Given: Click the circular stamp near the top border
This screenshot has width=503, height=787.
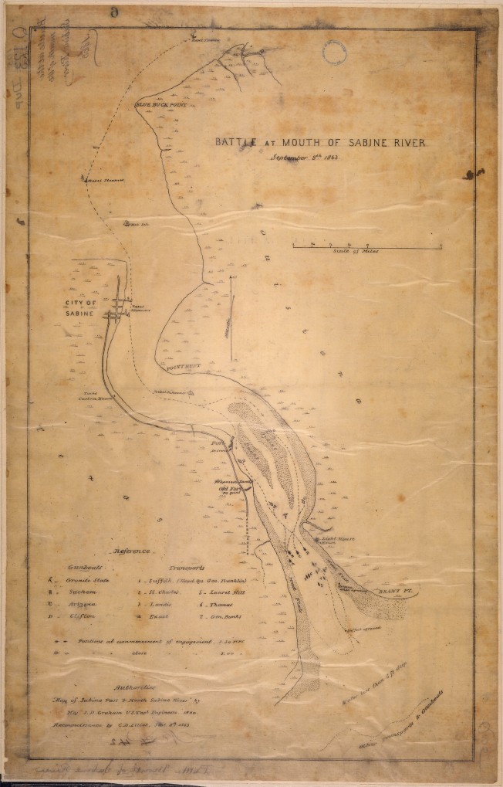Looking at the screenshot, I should [335, 53].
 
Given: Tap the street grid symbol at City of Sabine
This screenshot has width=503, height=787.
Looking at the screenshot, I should [116, 309].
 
